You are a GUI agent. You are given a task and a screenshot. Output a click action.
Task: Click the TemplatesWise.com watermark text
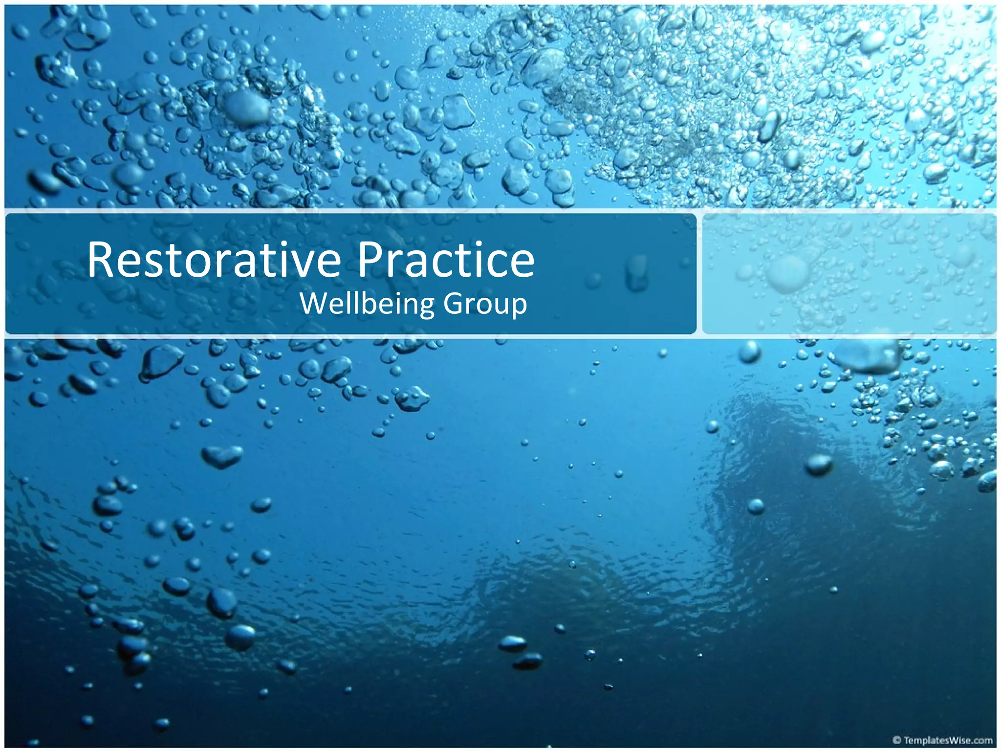[x=948, y=740]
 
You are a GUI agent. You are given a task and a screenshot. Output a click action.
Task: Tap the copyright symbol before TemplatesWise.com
[x=896, y=740]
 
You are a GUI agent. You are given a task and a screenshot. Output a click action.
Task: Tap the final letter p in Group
[x=519, y=307]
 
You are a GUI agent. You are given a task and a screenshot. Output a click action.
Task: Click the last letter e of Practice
[x=522, y=264]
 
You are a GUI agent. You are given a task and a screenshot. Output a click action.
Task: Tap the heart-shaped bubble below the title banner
[x=222, y=456]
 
